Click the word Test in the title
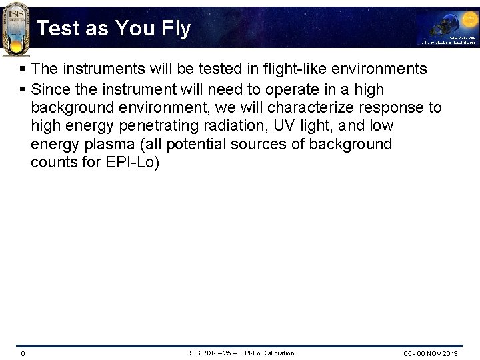58,29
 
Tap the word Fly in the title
175,29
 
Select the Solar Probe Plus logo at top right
447,29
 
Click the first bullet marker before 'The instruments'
23,69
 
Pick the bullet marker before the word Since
23,89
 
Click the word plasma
107,145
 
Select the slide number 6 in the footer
23,353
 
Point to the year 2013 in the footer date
449,353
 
